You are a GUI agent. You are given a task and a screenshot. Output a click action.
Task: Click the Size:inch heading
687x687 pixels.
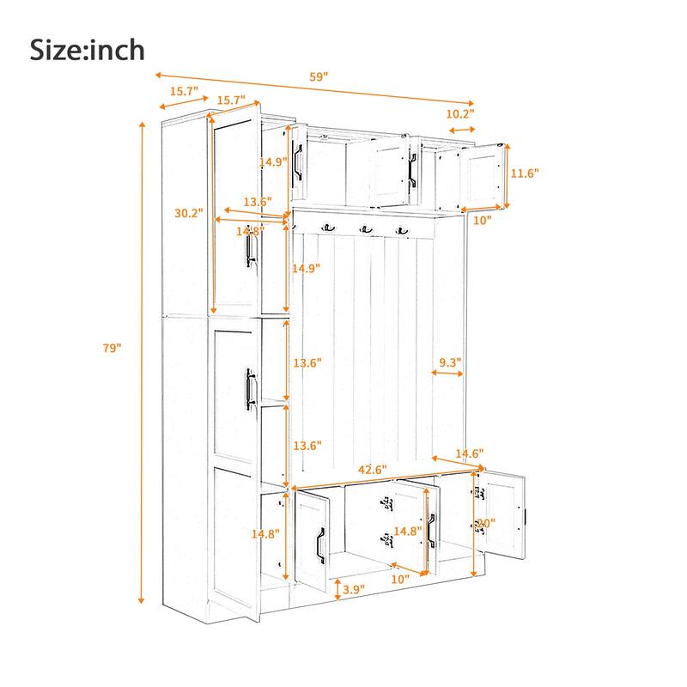point(88,49)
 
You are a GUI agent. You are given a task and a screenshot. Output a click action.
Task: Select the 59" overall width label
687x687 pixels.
point(319,76)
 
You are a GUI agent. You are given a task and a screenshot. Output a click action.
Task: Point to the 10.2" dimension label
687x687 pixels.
point(459,113)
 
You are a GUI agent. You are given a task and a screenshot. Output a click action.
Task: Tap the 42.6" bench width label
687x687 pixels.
point(372,470)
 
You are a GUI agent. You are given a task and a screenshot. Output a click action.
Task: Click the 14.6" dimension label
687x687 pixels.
point(470,453)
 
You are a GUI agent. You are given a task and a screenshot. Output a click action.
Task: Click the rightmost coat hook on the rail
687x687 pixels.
point(401,229)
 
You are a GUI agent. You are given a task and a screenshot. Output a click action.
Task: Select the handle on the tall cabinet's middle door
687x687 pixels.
point(252,388)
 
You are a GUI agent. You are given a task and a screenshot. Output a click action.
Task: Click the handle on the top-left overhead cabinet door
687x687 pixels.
point(298,161)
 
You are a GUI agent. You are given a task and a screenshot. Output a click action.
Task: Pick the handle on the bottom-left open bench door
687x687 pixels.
point(319,544)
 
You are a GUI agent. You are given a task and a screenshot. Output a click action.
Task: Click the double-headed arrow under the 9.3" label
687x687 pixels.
point(447,374)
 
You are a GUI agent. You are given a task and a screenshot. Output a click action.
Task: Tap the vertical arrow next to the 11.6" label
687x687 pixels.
point(508,175)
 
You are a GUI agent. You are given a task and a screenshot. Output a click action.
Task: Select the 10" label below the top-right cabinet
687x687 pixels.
point(482,221)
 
